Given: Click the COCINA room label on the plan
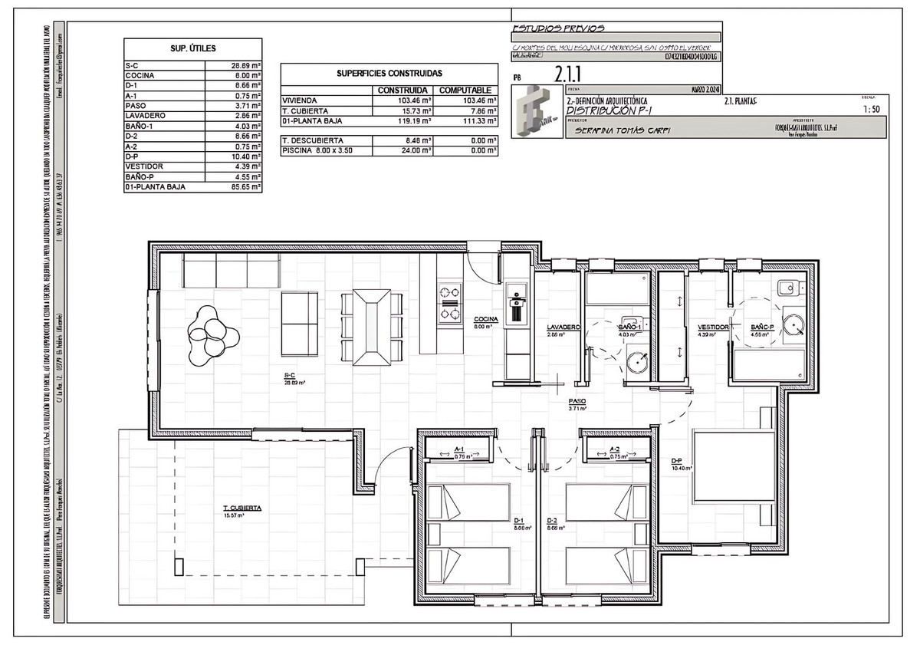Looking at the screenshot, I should click(x=486, y=319).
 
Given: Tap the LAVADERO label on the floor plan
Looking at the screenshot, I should click(x=563, y=327).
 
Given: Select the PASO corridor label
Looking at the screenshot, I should click(x=577, y=401).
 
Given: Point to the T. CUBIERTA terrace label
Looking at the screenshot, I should click(x=242, y=508).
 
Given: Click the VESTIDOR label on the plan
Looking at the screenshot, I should click(x=712, y=327).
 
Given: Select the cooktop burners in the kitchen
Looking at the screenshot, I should click(x=449, y=302).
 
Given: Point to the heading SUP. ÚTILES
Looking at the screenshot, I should click(x=192, y=48).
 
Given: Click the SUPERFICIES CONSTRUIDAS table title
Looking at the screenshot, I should click(x=389, y=74).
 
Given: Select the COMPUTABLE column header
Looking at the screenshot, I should click(x=465, y=90).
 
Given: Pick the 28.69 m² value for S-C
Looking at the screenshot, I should click(x=246, y=66).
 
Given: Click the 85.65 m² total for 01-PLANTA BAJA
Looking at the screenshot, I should click(x=246, y=186).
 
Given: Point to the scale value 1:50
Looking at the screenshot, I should click(x=870, y=110).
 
